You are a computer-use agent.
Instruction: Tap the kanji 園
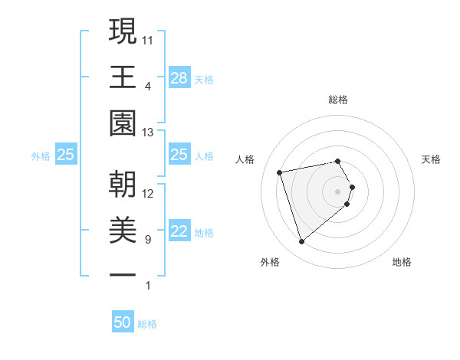coord(123,123)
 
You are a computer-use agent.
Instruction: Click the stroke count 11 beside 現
coord(149,39)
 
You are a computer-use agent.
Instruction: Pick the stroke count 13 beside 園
coord(149,133)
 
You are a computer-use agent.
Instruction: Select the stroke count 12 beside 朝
coord(149,194)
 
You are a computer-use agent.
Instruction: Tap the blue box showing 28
coord(179,77)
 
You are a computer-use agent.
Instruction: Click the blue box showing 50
coord(123,322)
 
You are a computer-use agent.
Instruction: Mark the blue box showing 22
coord(179,232)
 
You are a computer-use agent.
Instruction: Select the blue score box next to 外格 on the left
coord(66,155)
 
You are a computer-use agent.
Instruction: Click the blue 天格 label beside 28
coord(204,79)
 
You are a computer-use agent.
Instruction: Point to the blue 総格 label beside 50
coord(147,324)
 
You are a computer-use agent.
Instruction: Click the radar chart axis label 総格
coord(338,100)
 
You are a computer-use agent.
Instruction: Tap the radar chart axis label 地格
coord(402,262)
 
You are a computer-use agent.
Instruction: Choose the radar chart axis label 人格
coord(245,159)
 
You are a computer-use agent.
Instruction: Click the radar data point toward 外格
coord(301,242)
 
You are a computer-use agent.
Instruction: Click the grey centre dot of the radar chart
coord(338,190)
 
